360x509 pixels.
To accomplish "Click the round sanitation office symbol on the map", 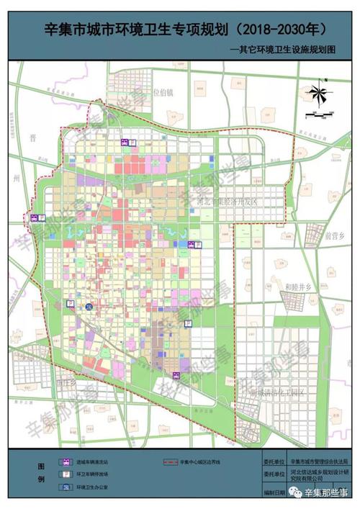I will click(88, 307).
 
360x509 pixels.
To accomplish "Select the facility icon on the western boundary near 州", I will click(33, 217).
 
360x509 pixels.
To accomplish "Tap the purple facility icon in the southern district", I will click(176, 373).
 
